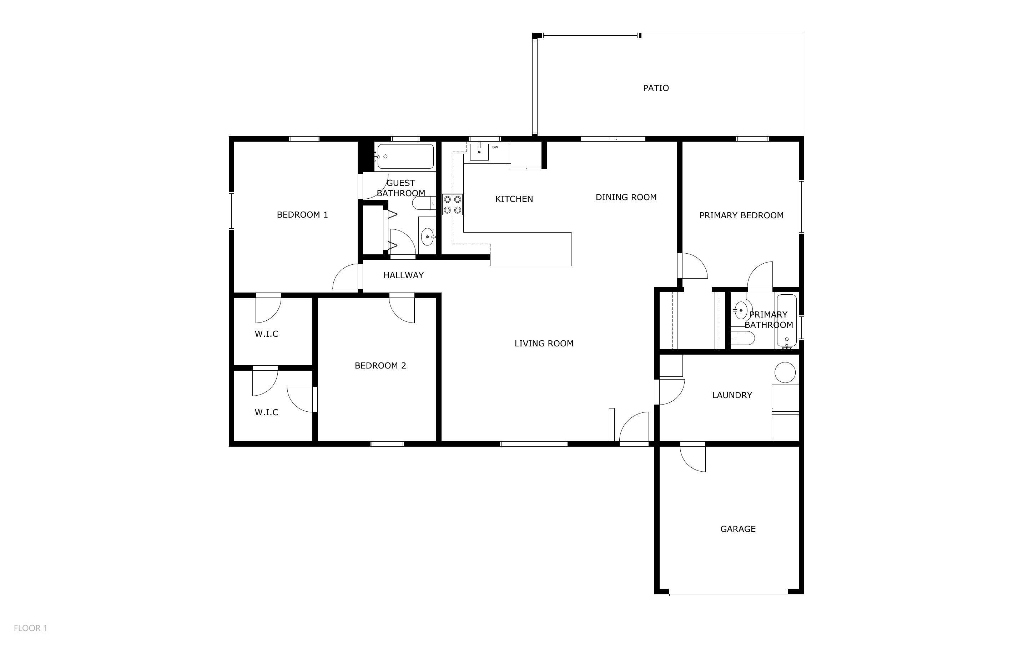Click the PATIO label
[x=656, y=88]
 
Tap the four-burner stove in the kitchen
[x=452, y=204]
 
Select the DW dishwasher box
[x=500, y=153]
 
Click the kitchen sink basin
[x=479, y=152]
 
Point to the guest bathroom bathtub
[x=405, y=157]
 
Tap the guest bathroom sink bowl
[x=427, y=236]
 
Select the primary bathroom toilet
[x=742, y=338]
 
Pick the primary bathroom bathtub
[x=786, y=320]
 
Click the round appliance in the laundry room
[x=785, y=372]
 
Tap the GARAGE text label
[x=738, y=529]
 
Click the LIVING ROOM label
[x=544, y=344]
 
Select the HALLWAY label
[x=403, y=275]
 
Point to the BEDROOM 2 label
[x=380, y=366]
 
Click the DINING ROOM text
[x=626, y=197]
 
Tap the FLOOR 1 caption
[x=30, y=628]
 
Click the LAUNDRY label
[x=732, y=395]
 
